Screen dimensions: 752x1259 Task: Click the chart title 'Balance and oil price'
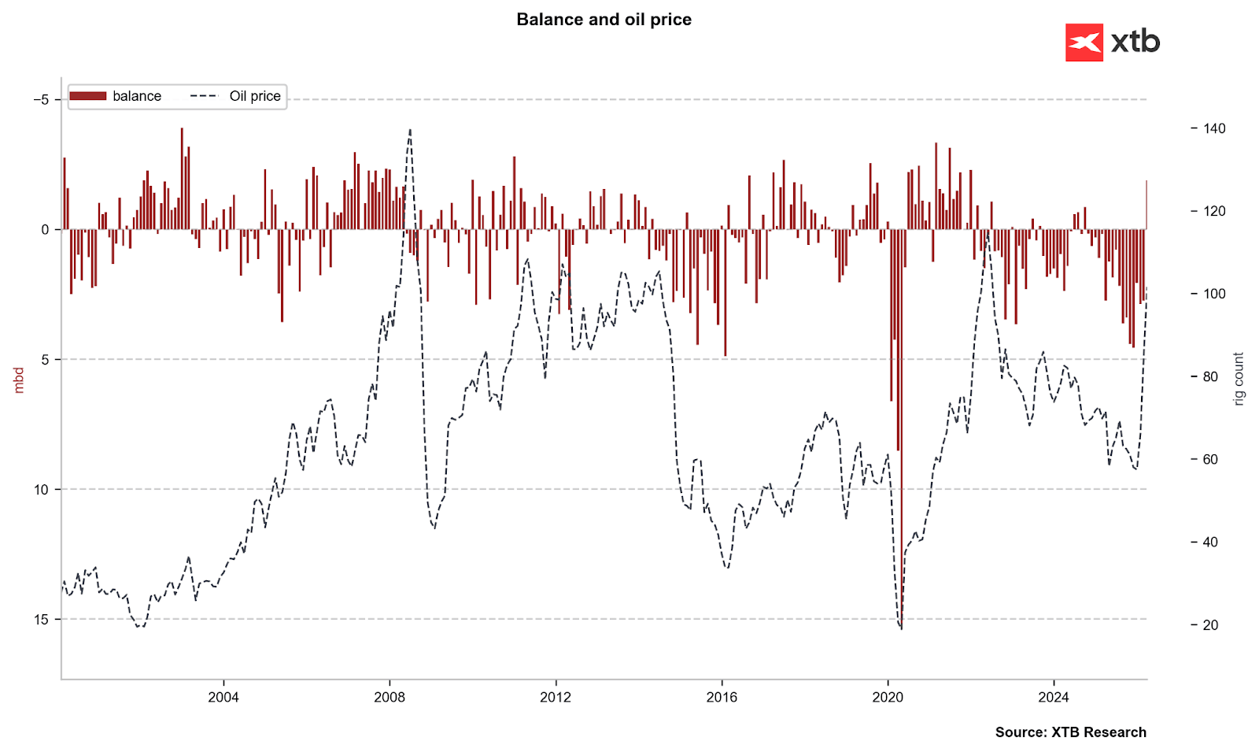pyautogui.click(x=604, y=20)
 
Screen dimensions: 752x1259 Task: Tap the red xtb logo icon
pyautogui.click(x=1084, y=43)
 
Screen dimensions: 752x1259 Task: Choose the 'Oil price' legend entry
pyautogui.click(x=236, y=96)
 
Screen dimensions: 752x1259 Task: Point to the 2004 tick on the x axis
pyautogui.click(x=223, y=697)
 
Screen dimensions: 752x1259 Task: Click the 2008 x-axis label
pyautogui.click(x=390, y=697)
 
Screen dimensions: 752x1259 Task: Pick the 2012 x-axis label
pyautogui.click(x=556, y=697)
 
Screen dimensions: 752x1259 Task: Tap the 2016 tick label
pyautogui.click(x=722, y=697)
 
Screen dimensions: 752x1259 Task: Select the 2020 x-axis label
pyautogui.click(x=888, y=697)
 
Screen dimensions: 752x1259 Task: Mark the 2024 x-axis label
pyautogui.click(x=1054, y=697)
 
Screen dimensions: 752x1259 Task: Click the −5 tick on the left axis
pyautogui.click(x=41, y=99)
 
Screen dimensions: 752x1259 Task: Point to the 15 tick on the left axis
pyautogui.click(x=42, y=620)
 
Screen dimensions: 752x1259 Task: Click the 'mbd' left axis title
pyautogui.click(x=19, y=380)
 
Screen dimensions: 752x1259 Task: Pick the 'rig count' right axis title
pyautogui.click(x=1239, y=379)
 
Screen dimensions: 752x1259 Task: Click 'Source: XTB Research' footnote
pyautogui.click(x=1070, y=732)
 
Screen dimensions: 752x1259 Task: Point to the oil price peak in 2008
pyautogui.click(x=410, y=131)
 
